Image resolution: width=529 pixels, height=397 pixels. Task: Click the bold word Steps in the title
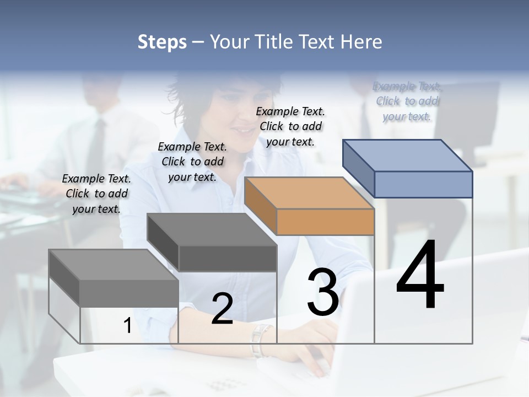(x=161, y=42)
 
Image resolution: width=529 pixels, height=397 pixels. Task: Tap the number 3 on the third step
(x=323, y=292)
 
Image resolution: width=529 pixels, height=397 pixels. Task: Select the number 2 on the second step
(x=222, y=308)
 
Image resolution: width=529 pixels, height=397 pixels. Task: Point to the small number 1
(x=127, y=326)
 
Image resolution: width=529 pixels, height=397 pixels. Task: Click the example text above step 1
(x=96, y=194)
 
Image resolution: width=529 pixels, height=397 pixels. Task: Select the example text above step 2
(x=192, y=162)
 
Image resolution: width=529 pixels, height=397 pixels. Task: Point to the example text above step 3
(x=290, y=126)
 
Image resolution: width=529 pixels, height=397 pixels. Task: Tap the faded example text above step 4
(x=407, y=101)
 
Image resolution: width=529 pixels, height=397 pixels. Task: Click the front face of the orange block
(x=325, y=222)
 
